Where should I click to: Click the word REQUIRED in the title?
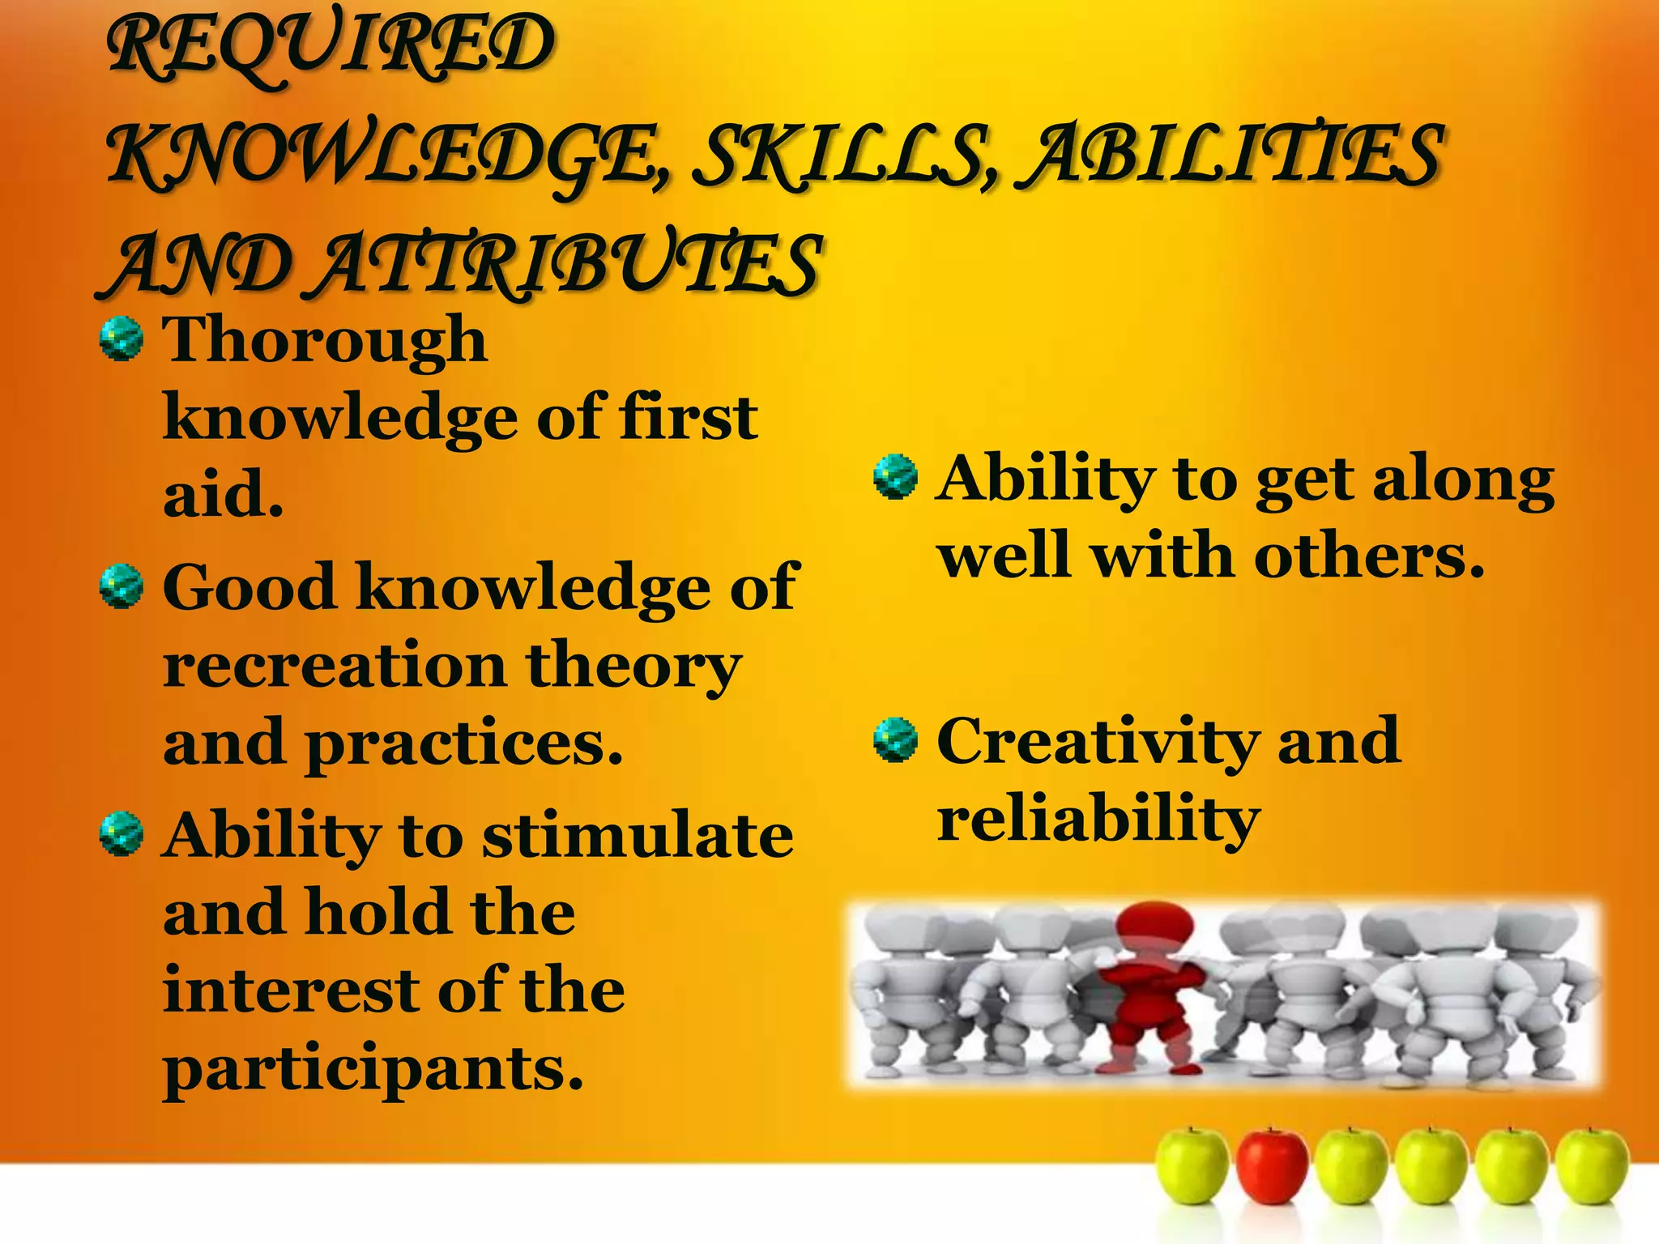331,47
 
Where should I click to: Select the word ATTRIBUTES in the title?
567,264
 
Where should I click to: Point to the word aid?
223,494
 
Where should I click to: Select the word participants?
373,1069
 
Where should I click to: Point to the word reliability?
1098,820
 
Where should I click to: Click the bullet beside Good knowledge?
122,586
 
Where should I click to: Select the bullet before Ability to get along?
895,478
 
